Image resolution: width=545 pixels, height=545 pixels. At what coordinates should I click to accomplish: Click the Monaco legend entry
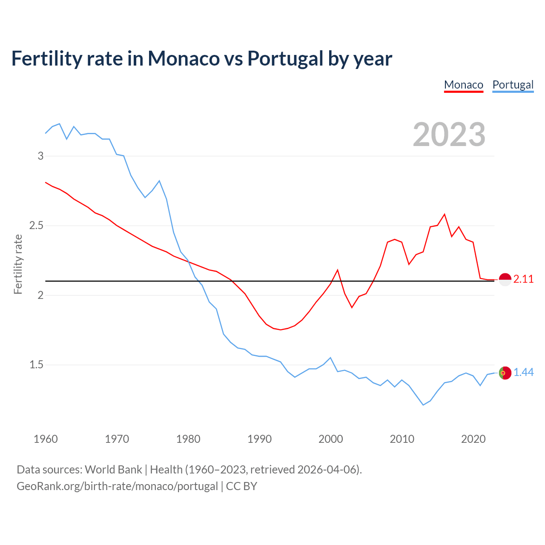(464, 85)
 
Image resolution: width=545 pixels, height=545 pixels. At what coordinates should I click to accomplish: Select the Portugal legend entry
(513, 85)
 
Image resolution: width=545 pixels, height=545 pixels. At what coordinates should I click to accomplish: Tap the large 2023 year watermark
(449, 135)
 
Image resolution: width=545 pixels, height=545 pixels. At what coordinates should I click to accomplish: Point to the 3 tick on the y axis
(41, 156)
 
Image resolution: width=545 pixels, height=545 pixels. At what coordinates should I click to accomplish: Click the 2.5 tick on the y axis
(37, 225)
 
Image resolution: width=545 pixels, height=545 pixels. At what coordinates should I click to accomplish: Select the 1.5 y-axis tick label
(37, 365)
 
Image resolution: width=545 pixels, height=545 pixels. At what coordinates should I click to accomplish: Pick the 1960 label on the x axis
(46, 439)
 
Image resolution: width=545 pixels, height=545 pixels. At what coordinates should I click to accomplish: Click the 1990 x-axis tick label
(259, 439)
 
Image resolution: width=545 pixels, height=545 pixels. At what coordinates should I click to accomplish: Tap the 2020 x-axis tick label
(473, 439)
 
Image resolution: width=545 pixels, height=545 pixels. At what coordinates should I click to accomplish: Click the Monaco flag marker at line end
(505, 279)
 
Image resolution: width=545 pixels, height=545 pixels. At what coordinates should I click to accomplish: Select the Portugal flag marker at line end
(505, 373)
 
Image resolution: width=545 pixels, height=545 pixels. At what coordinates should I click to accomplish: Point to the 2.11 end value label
(523, 279)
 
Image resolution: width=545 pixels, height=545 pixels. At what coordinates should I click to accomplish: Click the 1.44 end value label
(523, 373)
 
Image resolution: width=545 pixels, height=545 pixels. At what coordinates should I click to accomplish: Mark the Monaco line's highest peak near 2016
(445, 214)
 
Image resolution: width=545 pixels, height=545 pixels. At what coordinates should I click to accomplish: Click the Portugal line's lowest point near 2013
(423, 405)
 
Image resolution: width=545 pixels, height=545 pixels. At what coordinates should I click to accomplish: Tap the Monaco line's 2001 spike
(338, 270)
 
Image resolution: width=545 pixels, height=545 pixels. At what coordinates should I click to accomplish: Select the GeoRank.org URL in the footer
(117, 486)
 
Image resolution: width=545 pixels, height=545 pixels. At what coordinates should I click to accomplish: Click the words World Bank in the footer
(113, 470)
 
